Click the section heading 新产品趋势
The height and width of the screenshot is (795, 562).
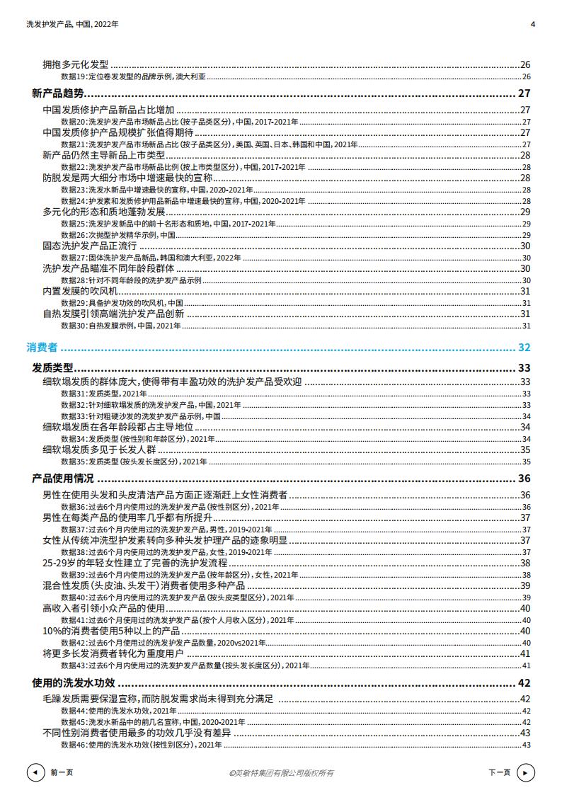click(x=57, y=93)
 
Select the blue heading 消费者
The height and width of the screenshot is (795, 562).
click(x=42, y=348)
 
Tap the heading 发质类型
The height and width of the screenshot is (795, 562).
click(x=52, y=367)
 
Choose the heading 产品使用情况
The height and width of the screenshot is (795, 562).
click(x=62, y=479)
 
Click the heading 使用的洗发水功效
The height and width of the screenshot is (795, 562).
click(x=73, y=684)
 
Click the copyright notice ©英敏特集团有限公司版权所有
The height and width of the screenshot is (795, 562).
click(x=282, y=773)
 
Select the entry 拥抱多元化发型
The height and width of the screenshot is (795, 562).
click(x=75, y=64)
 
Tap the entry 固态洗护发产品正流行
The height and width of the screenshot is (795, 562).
click(x=89, y=246)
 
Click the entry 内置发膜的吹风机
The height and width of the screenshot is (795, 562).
click(x=80, y=291)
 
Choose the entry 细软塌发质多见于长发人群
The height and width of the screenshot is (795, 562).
click(x=98, y=450)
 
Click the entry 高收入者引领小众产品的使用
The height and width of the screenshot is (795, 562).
click(x=103, y=608)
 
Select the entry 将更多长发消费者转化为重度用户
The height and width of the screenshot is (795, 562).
click(x=113, y=653)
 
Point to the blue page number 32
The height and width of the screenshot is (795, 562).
click(x=524, y=348)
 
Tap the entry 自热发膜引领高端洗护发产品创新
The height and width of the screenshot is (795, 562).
click(x=113, y=314)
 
